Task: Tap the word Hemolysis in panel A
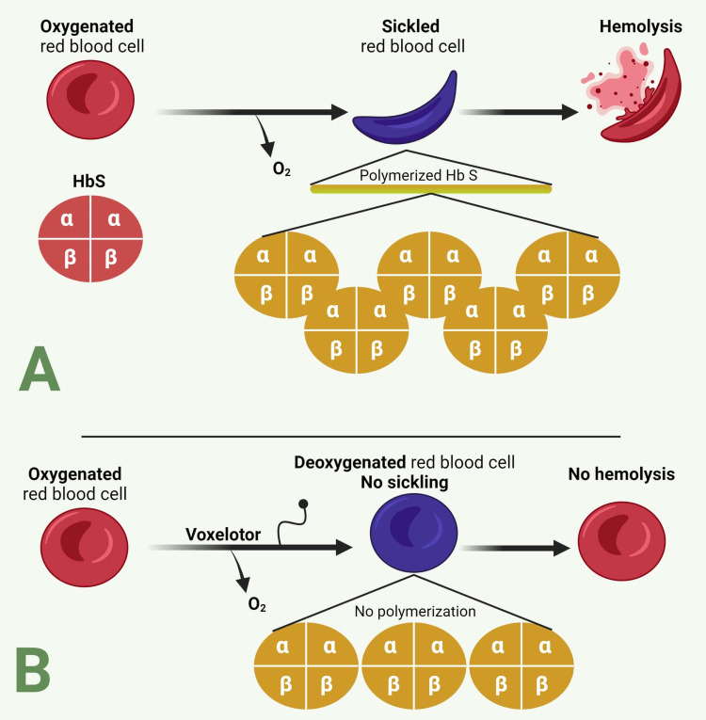pyautogui.click(x=640, y=28)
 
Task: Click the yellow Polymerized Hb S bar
pyautogui.click(x=431, y=189)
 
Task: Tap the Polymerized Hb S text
pyautogui.click(x=431, y=175)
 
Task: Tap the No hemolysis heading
pyautogui.click(x=621, y=474)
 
